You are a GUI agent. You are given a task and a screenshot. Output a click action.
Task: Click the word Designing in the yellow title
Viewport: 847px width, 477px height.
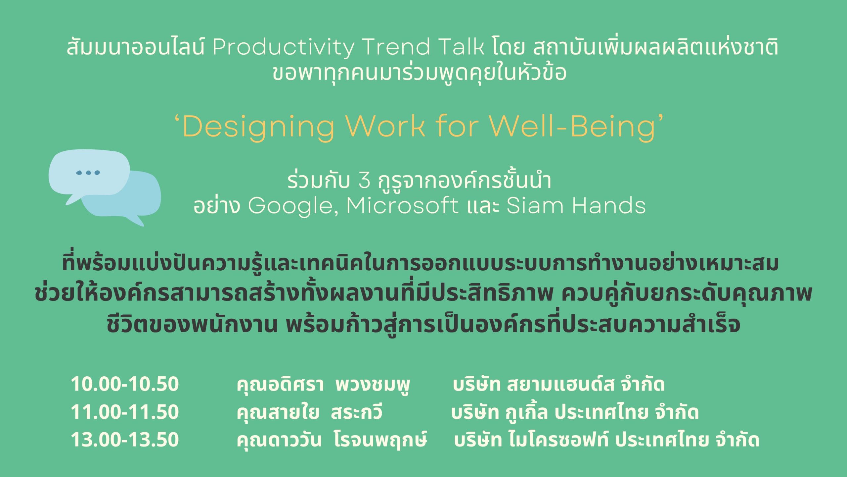pyautogui.click(x=258, y=128)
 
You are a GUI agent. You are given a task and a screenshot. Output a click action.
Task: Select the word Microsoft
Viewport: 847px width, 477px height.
pyautogui.click(x=402, y=205)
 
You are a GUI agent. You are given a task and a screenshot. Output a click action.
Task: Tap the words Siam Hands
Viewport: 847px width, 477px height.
pyautogui.click(x=576, y=205)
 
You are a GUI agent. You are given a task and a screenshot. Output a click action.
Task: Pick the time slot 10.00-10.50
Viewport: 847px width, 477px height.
pyautogui.click(x=125, y=384)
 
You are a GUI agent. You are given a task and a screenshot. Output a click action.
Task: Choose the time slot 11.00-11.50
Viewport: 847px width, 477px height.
pyautogui.click(x=125, y=412)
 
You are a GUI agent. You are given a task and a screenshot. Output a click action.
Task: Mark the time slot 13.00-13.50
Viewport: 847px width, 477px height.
pyautogui.click(x=125, y=439)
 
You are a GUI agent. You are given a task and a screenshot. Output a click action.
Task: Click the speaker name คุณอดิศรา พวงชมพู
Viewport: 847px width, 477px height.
pyautogui.click(x=323, y=385)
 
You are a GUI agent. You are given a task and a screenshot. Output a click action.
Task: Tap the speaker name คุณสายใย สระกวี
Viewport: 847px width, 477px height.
pyautogui.click(x=309, y=412)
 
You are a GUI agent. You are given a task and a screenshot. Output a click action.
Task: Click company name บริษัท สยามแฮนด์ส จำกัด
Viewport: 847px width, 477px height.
pyautogui.click(x=558, y=384)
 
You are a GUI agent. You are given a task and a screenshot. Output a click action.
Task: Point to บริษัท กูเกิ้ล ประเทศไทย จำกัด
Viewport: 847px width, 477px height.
pyautogui.click(x=575, y=412)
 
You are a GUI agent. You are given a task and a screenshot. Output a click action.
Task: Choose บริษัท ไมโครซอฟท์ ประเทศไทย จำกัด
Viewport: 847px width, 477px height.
pyautogui.click(x=607, y=440)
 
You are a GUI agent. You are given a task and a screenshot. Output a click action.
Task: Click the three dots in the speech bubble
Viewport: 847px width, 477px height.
pyautogui.click(x=88, y=173)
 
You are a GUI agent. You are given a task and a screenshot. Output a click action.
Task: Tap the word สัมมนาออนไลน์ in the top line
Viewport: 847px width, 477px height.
pyautogui.click(x=136, y=47)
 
